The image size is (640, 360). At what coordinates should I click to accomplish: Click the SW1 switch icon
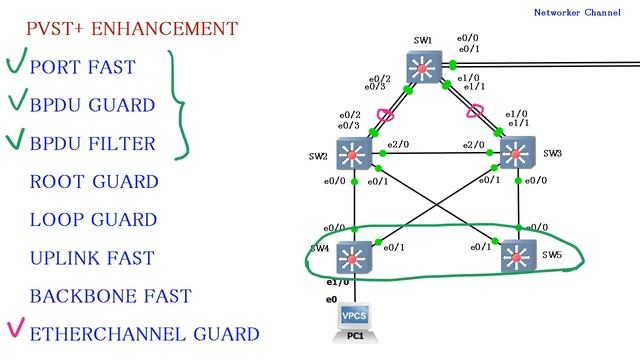pyautogui.click(x=424, y=67)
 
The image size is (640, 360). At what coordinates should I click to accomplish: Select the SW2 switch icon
pyautogui.click(x=354, y=153)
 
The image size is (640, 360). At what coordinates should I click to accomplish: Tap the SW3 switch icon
pyautogui.click(x=518, y=153)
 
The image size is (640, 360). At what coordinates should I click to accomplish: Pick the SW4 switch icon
pyautogui.click(x=354, y=257)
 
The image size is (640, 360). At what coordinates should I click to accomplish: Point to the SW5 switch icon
pyautogui.click(x=518, y=256)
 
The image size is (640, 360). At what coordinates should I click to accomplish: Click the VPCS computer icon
pyautogui.click(x=354, y=317)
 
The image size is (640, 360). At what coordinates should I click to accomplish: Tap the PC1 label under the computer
pyautogui.click(x=355, y=336)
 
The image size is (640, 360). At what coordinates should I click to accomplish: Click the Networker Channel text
pyautogui.click(x=577, y=13)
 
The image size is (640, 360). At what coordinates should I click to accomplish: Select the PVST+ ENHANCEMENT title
pyautogui.click(x=132, y=29)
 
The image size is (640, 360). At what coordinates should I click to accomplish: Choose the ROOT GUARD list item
pyautogui.click(x=94, y=182)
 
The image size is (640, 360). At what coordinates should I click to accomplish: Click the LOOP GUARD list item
pyautogui.click(x=93, y=220)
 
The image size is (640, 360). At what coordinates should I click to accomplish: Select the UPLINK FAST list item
pyautogui.click(x=92, y=258)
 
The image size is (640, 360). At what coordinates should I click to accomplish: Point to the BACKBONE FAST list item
pyautogui.click(x=111, y=296)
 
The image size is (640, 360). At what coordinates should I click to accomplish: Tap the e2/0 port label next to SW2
pyautogui.click(x=398, y=144)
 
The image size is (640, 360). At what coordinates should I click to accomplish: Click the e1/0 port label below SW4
pyautogui.click(x=338, y=282)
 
